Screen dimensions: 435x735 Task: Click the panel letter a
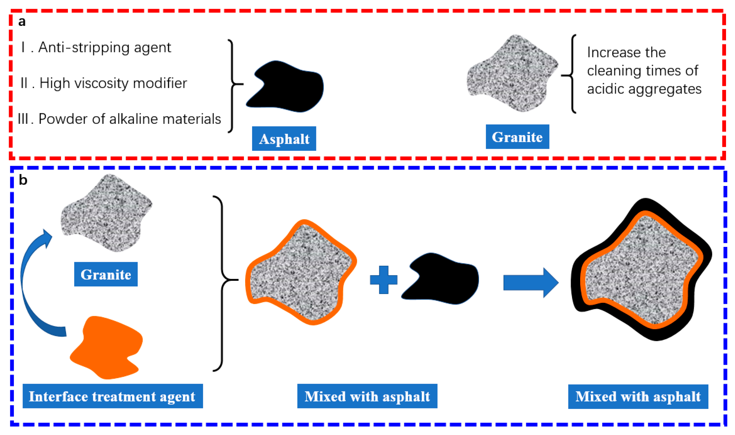[x=22, y=22]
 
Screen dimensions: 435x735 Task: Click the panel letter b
[x=23, y=180]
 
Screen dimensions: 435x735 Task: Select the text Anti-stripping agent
[x=104, y=47]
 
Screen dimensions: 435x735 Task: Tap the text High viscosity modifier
[x=113, y=83]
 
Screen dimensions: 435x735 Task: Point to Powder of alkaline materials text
[x=129, y=119]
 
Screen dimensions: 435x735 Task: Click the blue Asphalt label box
[x=284, y=139]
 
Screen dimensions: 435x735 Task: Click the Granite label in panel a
[x=517, y=137]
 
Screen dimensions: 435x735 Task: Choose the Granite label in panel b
[x=106, y=274]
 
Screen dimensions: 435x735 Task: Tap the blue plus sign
[x=383, y=280]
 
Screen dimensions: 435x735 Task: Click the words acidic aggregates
[x=644, y=89]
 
